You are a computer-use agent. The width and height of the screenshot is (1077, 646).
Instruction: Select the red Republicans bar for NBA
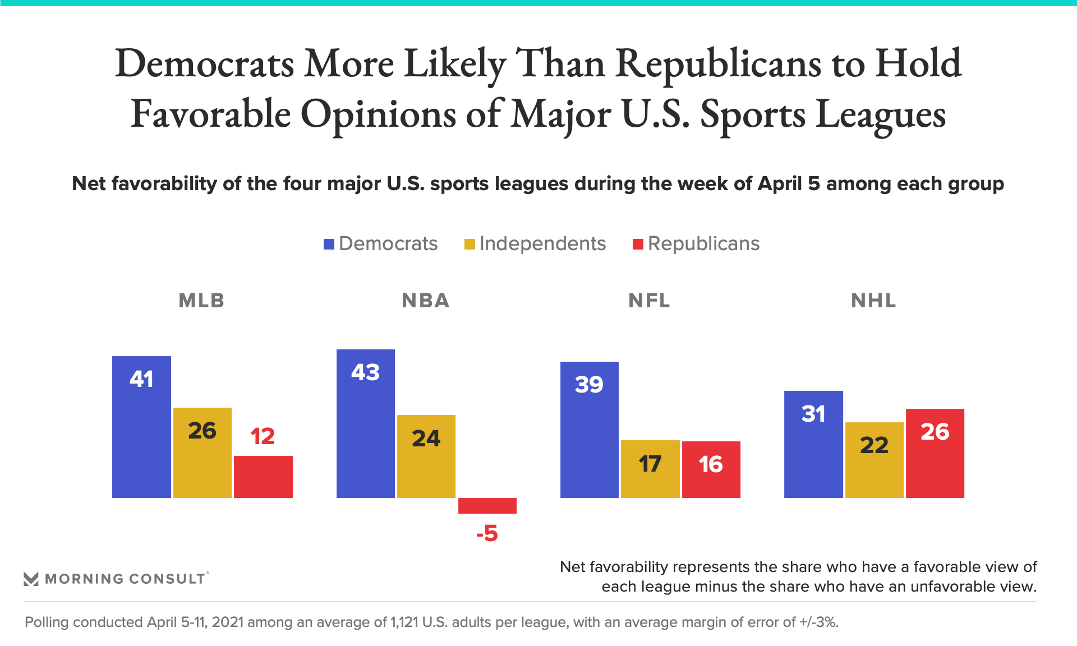487,505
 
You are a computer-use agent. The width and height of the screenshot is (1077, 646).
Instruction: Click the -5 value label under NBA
487,533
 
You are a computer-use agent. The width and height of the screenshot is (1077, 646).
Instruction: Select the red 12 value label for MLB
263,436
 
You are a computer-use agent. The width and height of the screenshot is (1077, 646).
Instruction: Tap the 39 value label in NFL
589,385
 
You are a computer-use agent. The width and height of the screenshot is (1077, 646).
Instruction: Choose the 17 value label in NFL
650,464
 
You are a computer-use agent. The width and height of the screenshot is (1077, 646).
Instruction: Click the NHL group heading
873,301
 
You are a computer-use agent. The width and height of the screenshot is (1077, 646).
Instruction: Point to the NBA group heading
426,301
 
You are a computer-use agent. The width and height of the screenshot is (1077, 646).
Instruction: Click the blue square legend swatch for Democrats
329,244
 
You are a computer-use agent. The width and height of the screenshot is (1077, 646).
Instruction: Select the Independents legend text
542,244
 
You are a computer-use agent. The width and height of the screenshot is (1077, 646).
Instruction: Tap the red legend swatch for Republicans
638,244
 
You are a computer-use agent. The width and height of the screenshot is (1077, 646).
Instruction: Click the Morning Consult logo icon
31,579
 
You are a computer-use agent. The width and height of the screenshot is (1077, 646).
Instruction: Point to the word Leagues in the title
881,114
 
